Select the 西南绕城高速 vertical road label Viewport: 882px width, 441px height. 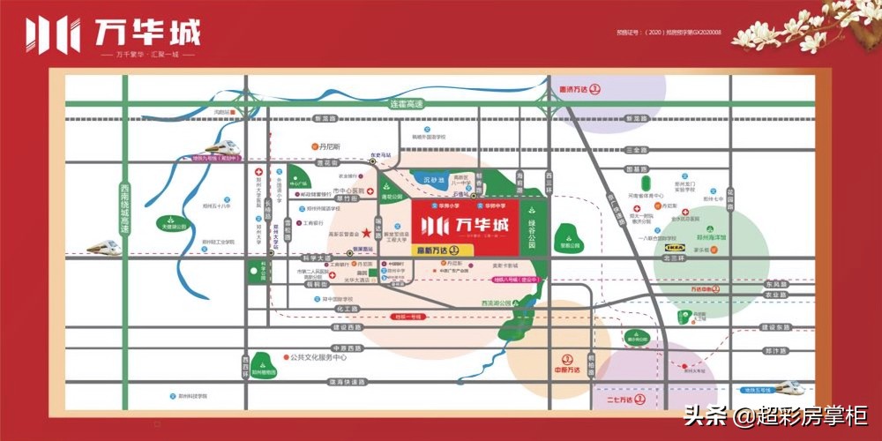pos(125,207)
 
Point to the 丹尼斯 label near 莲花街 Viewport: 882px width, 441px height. pos(329,146)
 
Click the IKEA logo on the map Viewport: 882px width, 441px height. pos(676,250)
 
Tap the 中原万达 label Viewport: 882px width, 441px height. pos(565,370)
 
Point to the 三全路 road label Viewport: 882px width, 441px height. pos(633,151)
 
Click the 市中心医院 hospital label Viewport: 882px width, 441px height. pos(325,191)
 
